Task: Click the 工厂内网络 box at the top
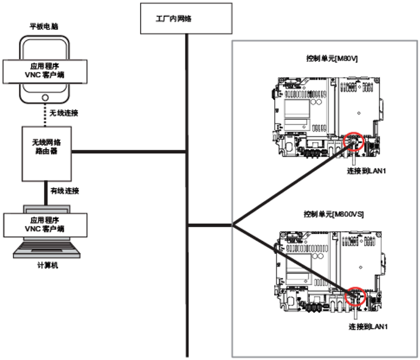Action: (186, 18)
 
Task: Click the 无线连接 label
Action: (64, 113)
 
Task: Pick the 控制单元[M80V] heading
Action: (332, 59)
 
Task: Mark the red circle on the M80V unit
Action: (353, 141)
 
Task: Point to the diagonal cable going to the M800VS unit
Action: (287, 257)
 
